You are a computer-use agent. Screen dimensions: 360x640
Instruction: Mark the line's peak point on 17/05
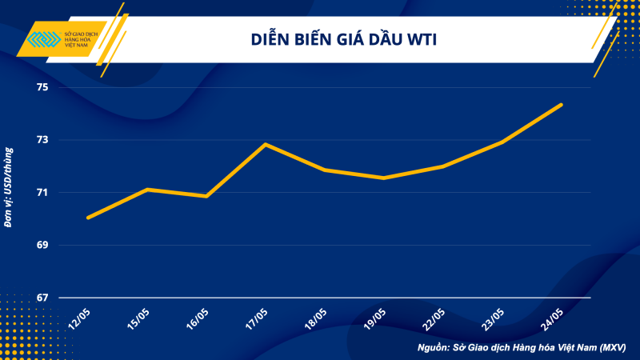point(266,144)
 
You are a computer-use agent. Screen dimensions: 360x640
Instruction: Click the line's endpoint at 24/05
point(562,105)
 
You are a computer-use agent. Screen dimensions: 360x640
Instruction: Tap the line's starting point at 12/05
point(88,217)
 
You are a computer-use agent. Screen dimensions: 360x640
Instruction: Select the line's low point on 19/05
point(384,178)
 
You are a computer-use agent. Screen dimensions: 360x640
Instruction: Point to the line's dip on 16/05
point(206,196)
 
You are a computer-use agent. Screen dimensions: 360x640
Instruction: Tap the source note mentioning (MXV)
point(521,348)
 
